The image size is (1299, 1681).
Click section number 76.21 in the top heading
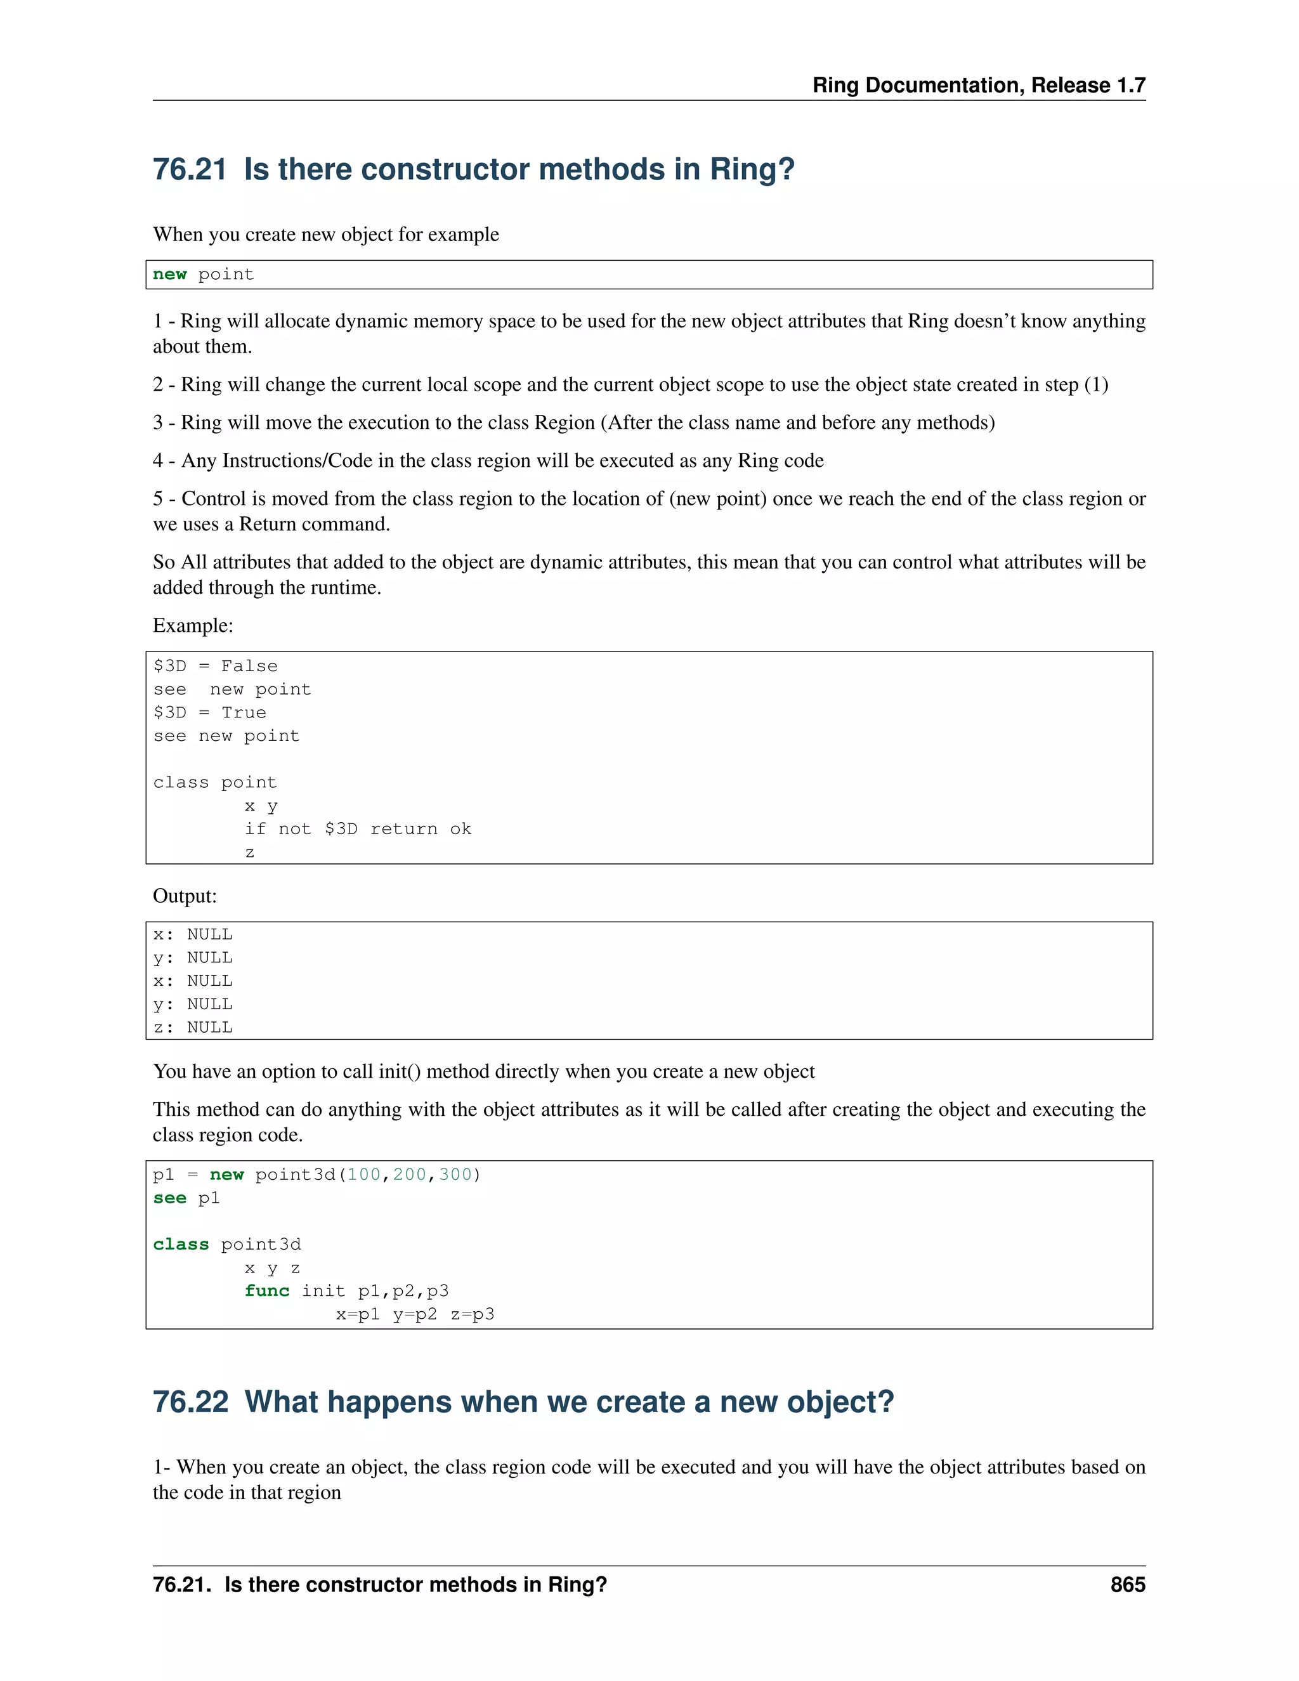[189, 169]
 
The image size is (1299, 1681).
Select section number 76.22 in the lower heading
[190, 1402]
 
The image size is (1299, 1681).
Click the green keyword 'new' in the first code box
[169, 275]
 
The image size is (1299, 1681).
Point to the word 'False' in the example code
[249, 666]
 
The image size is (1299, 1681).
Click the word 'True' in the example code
[244, 713]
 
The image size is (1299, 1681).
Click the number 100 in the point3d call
[364, 1175]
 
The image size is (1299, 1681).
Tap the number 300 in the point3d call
[455, 1175]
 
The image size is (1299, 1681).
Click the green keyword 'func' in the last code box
[267, 1291]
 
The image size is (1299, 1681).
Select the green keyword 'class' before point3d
[181, 1245]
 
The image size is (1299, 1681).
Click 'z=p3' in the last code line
[473, 1314]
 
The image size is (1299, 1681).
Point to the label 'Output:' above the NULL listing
[185, 896]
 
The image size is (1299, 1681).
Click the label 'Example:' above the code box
[192, 625]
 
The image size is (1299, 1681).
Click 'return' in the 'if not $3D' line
[404, 829]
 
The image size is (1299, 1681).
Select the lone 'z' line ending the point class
[249, 853]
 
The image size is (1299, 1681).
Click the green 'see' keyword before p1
[169, 1198]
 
